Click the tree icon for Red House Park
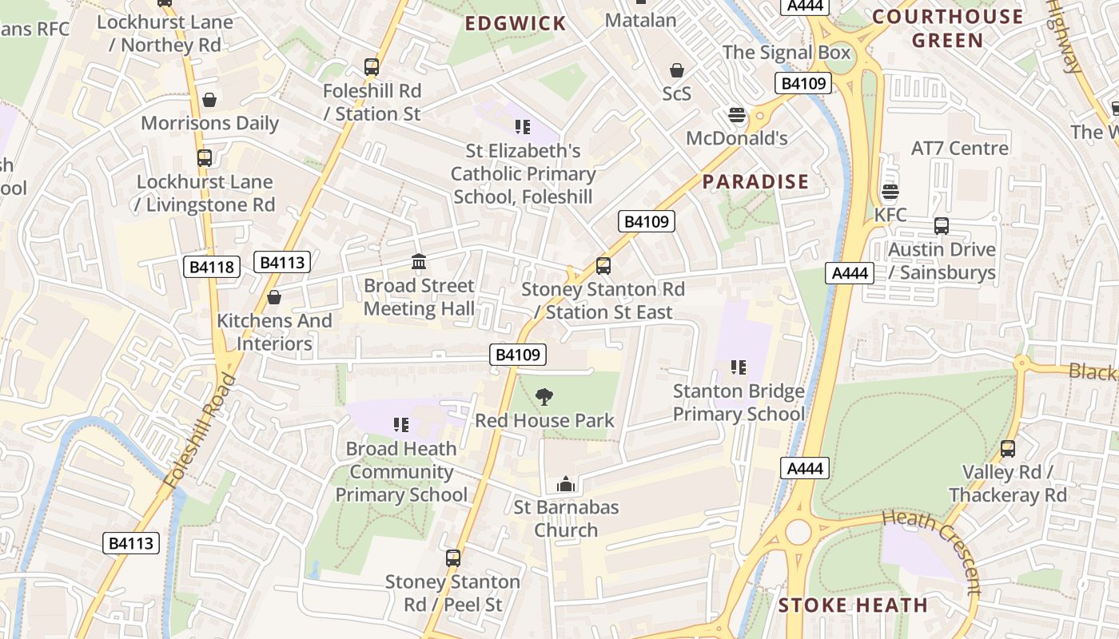[x=544, y=396]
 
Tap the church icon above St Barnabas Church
[x=566, y=484]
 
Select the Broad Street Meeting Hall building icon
[x=419, y=261]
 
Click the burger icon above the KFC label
[x=890, y=191]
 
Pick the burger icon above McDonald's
[x=737, y=115]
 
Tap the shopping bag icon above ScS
[x=677, y=70]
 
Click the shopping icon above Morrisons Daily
[x=209, y=100]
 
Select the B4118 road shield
[x=212, y=267]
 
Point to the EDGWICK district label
[x=516, y=24]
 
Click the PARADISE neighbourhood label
[x=755, y=182]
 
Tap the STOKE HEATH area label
[x=853, y=605]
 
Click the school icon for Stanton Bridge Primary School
[x=739, y=367]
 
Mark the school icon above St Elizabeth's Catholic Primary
[x=523, y=126]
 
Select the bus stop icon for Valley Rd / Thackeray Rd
[x=1008, y=449]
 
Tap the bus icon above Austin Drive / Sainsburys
[x=942, y=226]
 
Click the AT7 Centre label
[x=959, y=149]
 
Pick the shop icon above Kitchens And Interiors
[x=274, y=297]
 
